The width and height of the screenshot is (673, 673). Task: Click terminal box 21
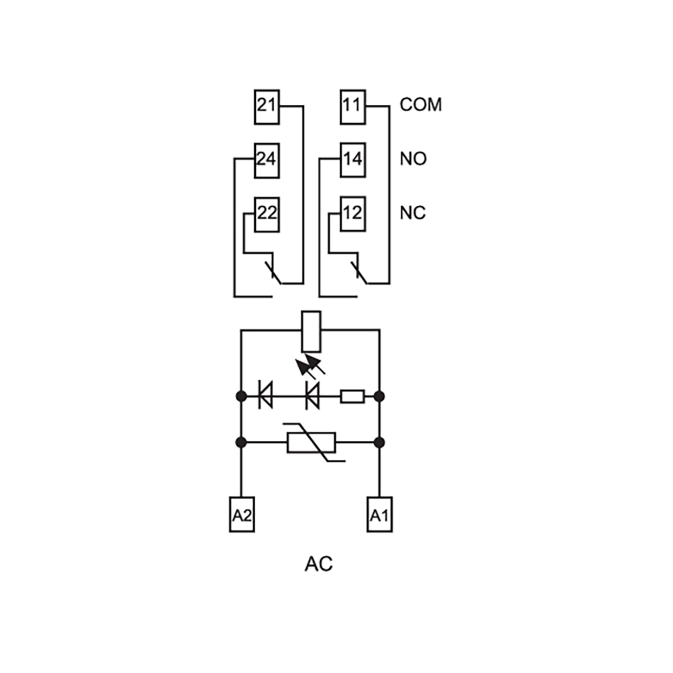click(x=267, y=107)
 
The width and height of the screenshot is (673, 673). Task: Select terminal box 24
click(x=267, y=161)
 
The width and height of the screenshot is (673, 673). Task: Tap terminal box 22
click(x=267, y=215)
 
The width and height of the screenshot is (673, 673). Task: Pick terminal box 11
click(x=353, y=107)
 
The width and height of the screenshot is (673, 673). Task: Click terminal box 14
click(x=353, y=160)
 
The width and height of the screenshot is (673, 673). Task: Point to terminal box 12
click(x=353, y=214)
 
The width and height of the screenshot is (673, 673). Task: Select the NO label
click(x=413, y=159)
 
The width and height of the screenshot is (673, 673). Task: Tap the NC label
click(x=413, y=213)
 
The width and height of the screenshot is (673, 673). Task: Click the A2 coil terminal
click(x=242, y=515)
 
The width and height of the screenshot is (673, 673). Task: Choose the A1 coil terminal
click(x=380, y=515)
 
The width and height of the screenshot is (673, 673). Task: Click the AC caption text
click(x=319, y=564)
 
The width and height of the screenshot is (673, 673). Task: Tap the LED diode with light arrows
click(x=312, y=396)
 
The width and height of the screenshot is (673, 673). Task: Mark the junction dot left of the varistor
click(x=241, y=443)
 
